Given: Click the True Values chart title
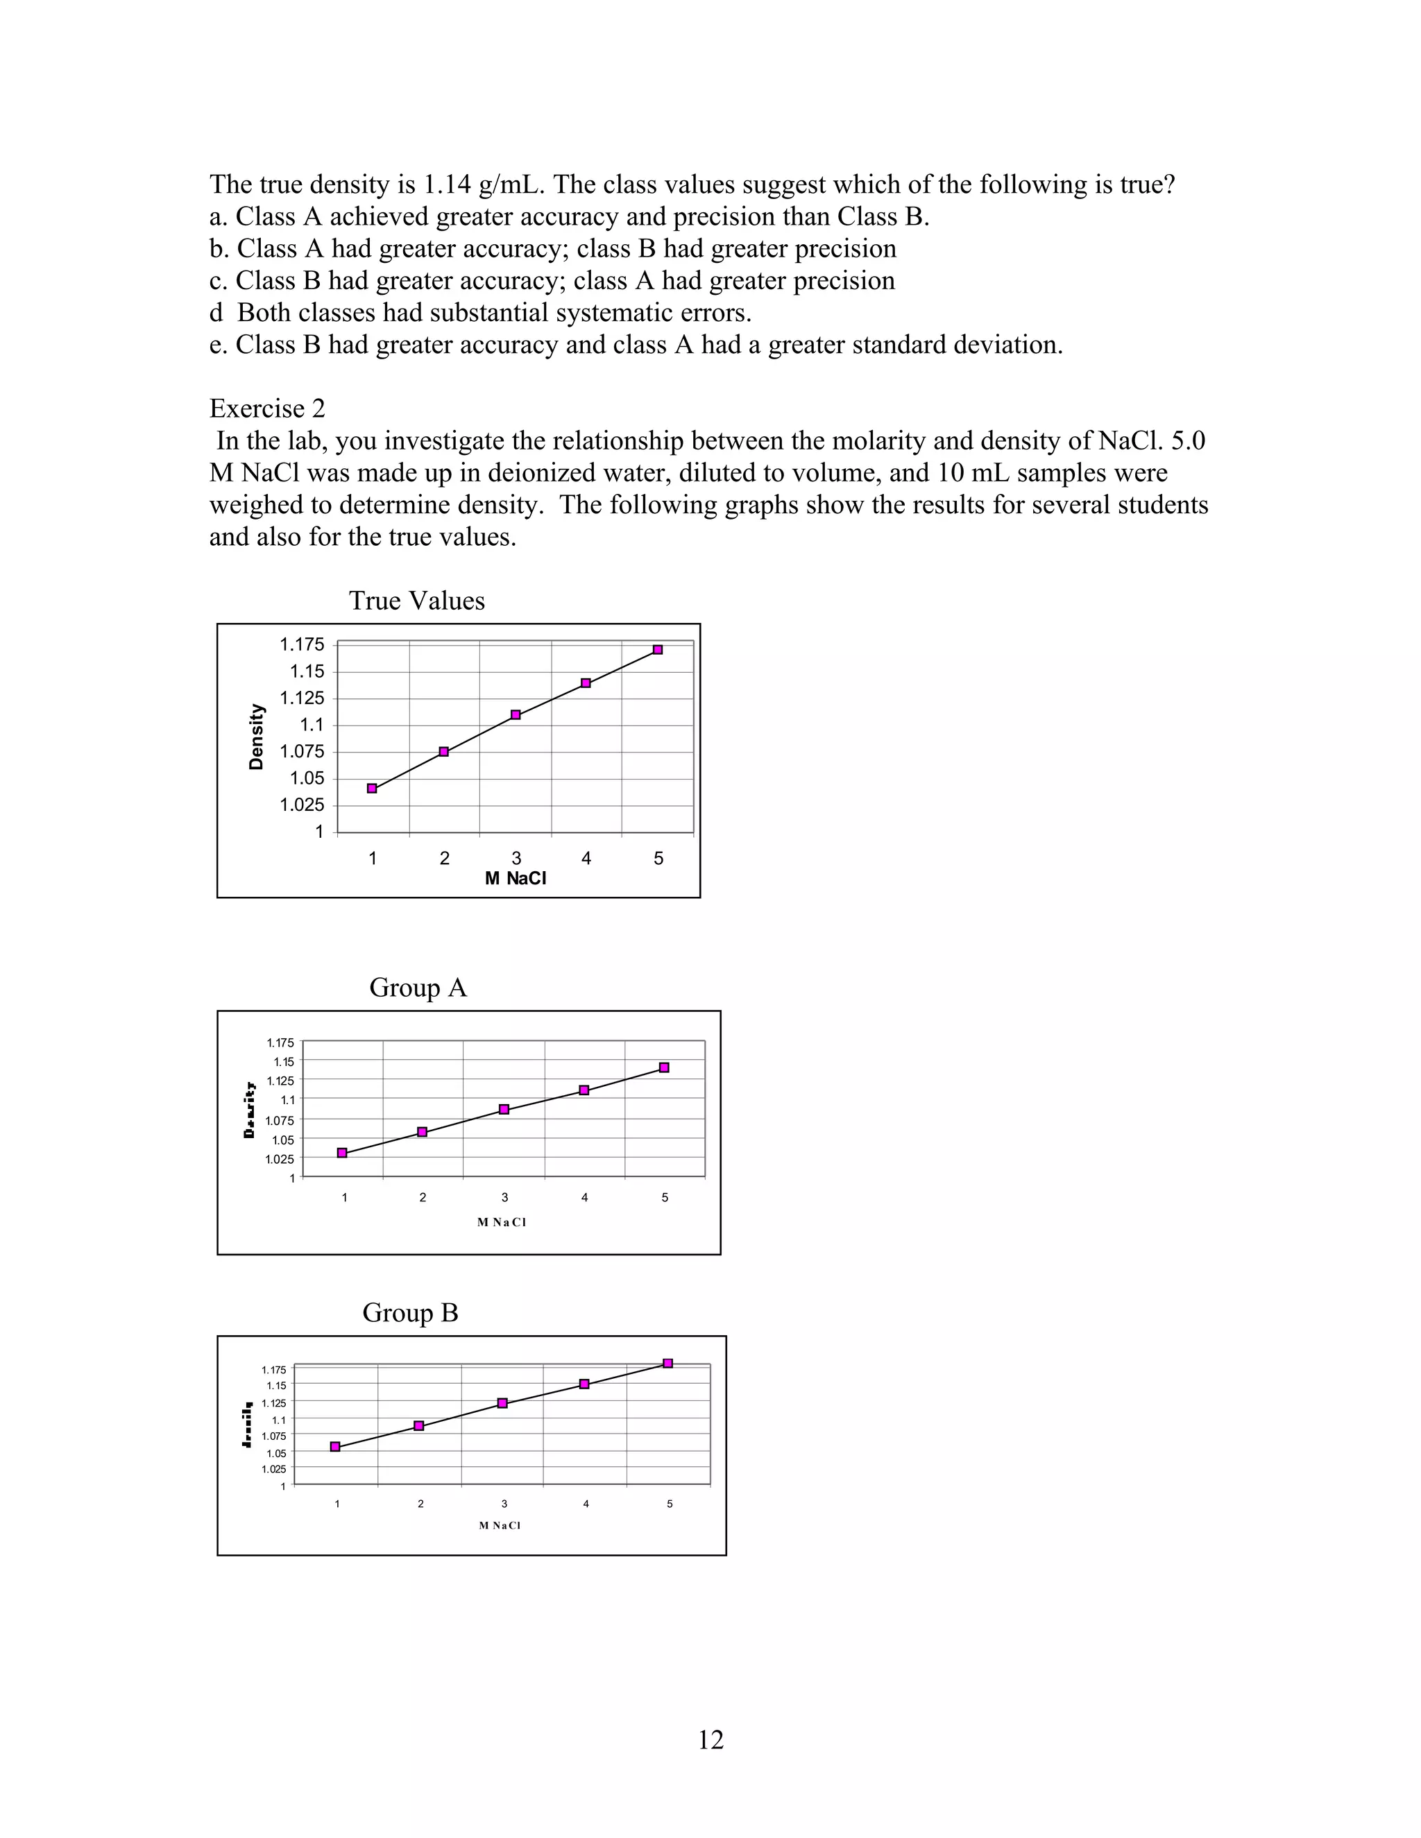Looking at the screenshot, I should click(417, 601).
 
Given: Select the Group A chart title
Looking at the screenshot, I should click(418, 987).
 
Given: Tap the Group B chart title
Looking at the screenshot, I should click(410, 1312).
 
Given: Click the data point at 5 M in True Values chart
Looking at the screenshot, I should click(658, 650).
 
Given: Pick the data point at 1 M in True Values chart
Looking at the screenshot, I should click(372, 789).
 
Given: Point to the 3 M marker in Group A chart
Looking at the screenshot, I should click(504, 1109).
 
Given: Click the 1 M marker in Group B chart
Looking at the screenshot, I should click(335, 1447).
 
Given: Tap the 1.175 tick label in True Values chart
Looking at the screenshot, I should click(301, 644).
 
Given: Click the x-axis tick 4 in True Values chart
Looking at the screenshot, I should click(586, 859).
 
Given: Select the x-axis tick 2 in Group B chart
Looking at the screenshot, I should click(420, 1504).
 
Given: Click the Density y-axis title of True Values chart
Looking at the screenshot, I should click(257, 737).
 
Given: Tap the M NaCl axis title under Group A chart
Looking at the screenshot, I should click(502, 1222).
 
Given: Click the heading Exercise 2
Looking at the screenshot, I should click(267, 408).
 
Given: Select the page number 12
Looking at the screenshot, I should click(710, 1740).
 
